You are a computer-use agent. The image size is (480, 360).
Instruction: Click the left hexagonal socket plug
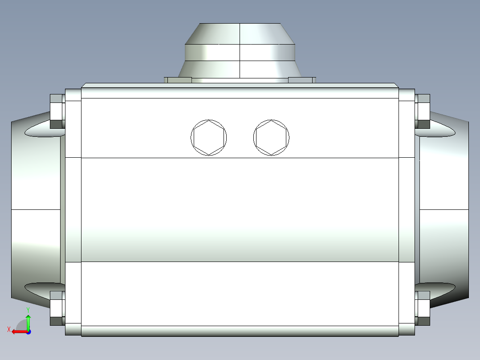click(209, 138)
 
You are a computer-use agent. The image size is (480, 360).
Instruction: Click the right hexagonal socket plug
click(271, 138)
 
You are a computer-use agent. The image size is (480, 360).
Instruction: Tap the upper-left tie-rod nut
click(57, 111)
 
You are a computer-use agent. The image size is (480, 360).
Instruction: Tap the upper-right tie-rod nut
click(423, 111)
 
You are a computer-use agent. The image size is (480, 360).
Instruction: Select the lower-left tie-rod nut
click(57, 308)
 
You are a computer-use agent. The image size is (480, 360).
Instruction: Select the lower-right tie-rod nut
click(423, 308)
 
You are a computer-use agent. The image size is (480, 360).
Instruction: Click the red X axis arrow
click(18, 331)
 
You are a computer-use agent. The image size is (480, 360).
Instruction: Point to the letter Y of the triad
click(28, 309)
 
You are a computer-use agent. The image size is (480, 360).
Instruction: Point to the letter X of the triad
click(8, 329)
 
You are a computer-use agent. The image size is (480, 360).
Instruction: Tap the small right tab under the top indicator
click(301, 80)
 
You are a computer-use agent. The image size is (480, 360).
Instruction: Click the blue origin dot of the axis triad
click(28, 331)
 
